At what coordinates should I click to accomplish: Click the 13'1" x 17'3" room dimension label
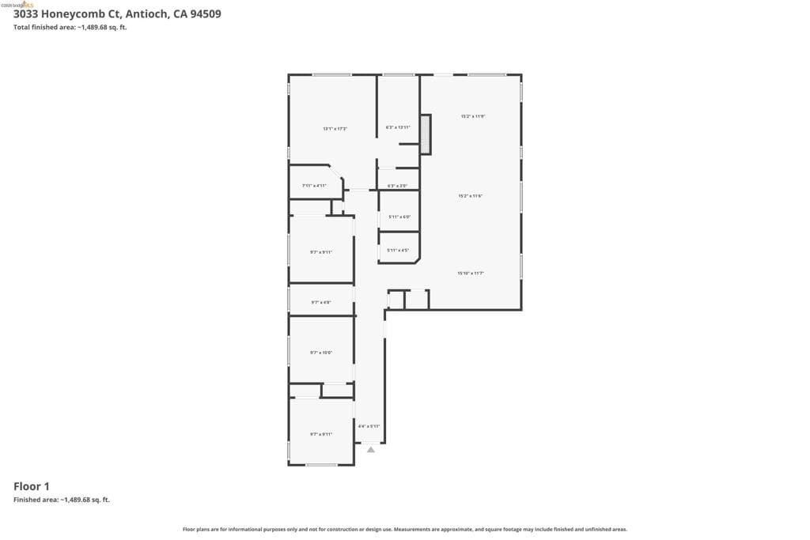(335, 128)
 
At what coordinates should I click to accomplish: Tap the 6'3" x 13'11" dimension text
(397, 127)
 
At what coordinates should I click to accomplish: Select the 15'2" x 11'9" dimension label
(473, 116)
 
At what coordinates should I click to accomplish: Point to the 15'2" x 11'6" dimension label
(471, 195)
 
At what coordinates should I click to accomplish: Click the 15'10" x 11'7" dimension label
(471, 273)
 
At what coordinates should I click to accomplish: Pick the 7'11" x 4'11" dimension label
(314, 185)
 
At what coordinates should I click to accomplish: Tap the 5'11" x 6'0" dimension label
(399, 216)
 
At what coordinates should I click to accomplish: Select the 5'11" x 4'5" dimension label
(398, 251)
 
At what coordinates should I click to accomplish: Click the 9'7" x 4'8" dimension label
(320, 302)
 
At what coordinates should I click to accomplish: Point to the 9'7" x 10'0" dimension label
(320, 353)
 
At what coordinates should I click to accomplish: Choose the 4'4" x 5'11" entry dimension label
(369, 426)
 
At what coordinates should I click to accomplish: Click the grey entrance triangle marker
(371, 450)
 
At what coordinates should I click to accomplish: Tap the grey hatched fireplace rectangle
(425, 134)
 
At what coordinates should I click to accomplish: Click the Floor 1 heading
(32, 486)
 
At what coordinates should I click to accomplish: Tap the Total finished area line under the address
(70, 28)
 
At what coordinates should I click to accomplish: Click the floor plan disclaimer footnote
(405, 530)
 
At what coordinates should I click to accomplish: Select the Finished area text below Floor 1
(62, 500)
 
